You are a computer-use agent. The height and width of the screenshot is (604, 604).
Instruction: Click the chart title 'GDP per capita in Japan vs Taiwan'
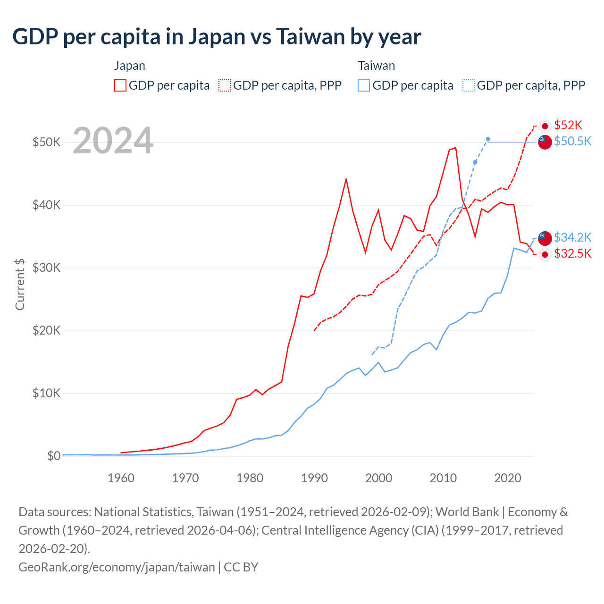click(217, 37)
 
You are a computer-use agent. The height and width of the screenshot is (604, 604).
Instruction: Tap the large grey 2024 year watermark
click(113, 141)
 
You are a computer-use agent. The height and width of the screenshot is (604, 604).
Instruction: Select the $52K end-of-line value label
click(568, 125)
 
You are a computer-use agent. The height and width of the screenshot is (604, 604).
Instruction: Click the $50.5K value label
click(572, 141)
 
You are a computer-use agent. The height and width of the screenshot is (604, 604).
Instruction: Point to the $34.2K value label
click(572, 237)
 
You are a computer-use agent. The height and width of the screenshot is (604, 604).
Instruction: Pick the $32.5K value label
click(572, 254)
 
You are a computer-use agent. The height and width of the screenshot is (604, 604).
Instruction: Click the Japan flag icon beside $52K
click(545, 126)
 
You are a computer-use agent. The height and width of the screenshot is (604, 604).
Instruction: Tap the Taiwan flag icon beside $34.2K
click(545, 238)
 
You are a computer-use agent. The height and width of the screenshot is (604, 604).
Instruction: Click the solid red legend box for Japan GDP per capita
click(120, 85)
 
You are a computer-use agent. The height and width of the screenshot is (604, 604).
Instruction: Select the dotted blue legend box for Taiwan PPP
click(469, 85)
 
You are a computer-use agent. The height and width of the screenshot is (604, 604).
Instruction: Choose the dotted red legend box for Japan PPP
click(225, 85)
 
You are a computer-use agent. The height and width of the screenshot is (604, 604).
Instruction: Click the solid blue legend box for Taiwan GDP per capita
click(364, 85)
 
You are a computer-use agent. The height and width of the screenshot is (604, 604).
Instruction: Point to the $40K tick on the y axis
click(46, 205)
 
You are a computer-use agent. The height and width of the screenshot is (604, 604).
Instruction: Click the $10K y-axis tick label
click(46, 393)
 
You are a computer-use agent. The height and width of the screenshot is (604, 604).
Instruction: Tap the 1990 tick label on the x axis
click(314, 478)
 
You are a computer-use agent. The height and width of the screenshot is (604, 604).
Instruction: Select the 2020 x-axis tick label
click(507, 478)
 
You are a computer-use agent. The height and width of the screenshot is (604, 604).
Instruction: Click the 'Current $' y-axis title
click(20, 284)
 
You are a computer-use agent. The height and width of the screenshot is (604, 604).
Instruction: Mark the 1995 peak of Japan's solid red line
click(346, 179)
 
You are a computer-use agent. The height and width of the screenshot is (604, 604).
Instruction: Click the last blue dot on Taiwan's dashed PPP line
click(488, 139)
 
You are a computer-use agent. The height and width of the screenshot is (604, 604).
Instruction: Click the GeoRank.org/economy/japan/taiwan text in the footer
click(117, 567)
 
